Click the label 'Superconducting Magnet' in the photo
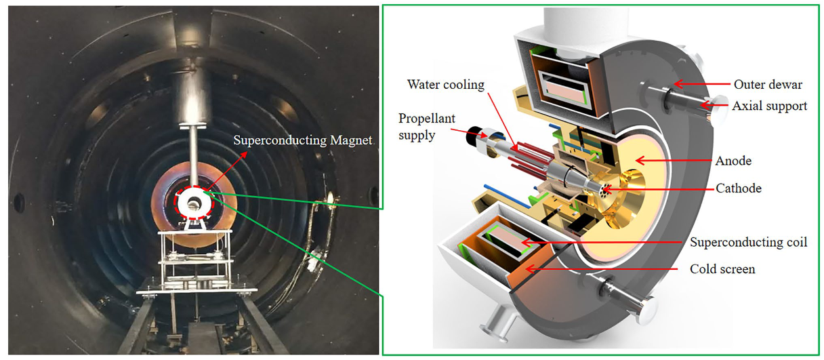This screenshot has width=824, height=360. coord(292,141)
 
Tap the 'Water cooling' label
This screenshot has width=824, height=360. coord(446,85)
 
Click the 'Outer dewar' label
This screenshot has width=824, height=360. coord(767,85)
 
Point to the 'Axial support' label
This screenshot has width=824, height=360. coord(770,106)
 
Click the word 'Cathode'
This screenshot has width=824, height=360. coord(739,188)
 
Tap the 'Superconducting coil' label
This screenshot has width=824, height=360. coord(748,242)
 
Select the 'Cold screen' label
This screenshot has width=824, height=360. coord(722,269)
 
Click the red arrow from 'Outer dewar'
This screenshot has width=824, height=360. coord(698,85)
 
